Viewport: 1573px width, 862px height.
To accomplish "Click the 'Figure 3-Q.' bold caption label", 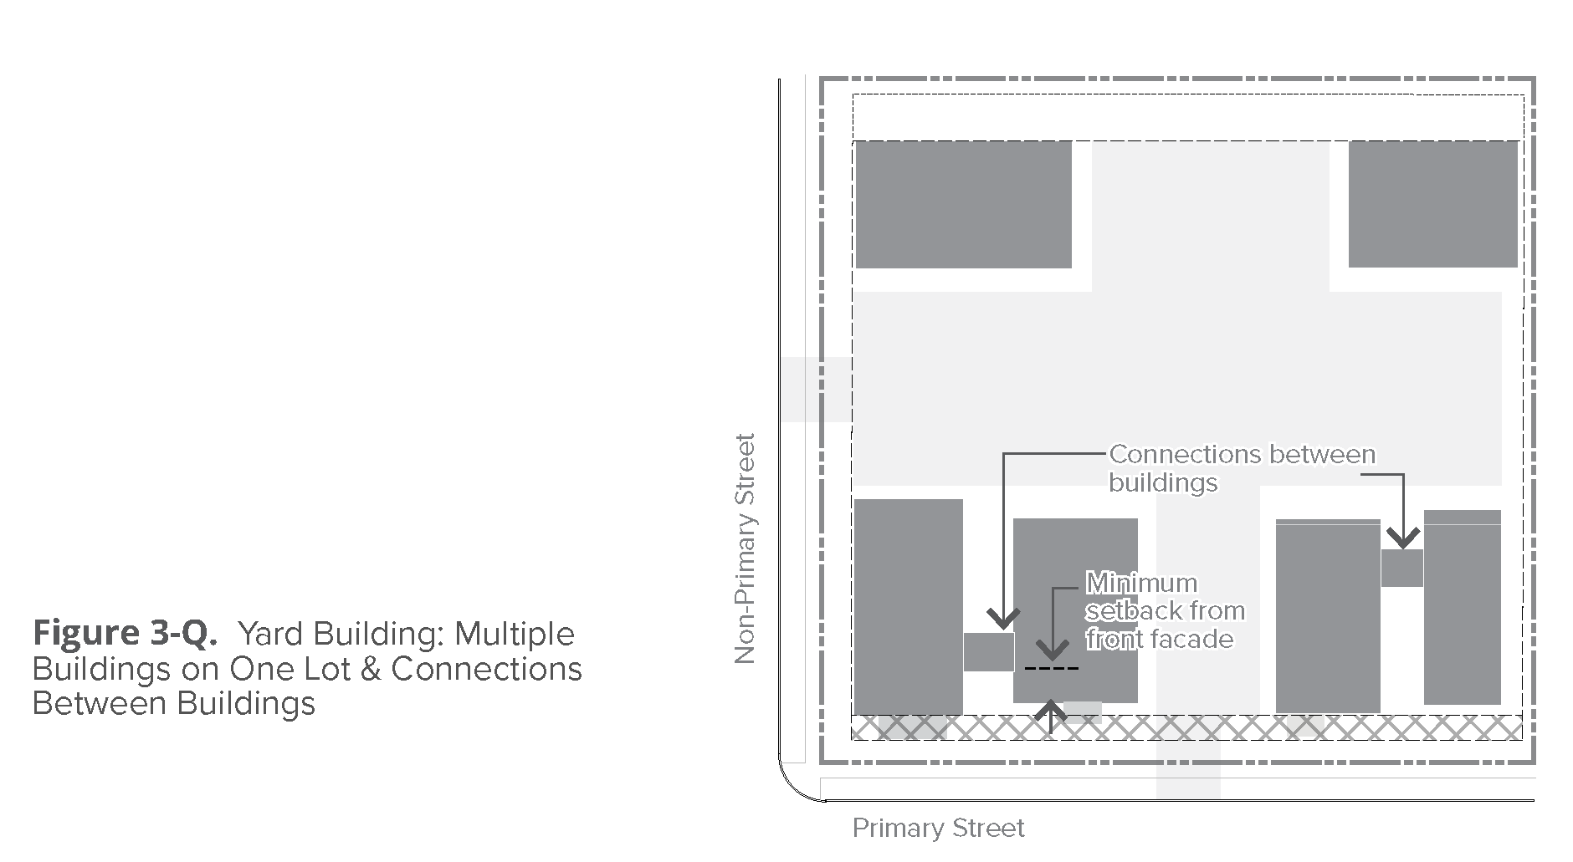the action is [x=125, y=633].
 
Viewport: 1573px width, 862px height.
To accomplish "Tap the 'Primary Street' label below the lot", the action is [x=938, y=829].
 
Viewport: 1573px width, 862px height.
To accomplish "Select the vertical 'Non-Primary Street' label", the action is [x=744, y=548].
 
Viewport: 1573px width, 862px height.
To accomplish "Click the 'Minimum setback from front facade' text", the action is [x=1166, y=610].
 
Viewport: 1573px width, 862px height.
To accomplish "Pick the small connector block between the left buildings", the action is [x=988, y=651].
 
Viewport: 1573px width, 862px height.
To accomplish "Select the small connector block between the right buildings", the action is [x=1401, y=568].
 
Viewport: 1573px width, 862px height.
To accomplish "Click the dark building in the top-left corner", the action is [x=963, y=205].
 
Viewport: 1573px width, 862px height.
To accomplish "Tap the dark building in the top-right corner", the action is [x=1432, y=204].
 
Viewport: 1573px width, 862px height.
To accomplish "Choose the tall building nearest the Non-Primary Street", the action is [x=908, y=606].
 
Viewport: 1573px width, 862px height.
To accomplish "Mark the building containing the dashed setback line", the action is [x=1075, y=610].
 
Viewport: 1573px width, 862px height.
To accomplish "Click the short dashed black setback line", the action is [x=1052, y=669].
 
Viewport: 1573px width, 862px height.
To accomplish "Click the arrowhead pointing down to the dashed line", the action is [x=1052, y=651].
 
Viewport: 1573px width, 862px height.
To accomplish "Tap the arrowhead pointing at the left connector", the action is [x=1003, y=620].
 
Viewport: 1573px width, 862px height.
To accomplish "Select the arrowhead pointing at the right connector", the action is [x=1403, y=538].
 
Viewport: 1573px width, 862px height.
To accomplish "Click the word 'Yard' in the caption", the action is [x=269, y=634].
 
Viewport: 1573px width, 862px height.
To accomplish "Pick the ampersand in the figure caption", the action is [x=371, y=669].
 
